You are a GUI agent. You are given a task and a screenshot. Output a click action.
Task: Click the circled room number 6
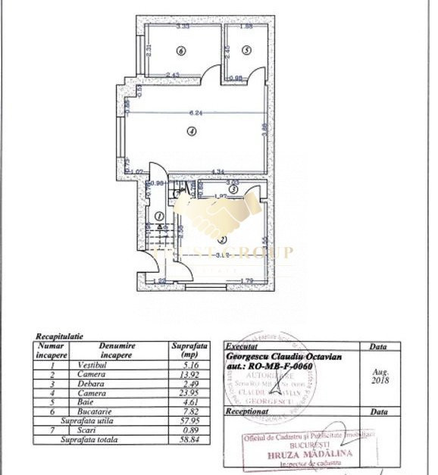click(180, 51)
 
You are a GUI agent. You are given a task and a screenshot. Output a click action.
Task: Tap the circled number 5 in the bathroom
click(246, 50)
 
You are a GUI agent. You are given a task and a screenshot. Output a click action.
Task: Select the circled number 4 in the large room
click(192, 131)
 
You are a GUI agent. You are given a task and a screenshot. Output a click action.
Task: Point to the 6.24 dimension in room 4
click(195, 114)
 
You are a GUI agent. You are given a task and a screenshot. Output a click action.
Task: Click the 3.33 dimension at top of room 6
click(183, 27)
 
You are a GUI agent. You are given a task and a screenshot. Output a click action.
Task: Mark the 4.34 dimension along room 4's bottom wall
click(218, 171)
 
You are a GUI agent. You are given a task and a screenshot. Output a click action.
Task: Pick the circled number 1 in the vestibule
click(160, 216)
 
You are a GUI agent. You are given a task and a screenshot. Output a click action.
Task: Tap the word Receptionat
click(249, 413)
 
